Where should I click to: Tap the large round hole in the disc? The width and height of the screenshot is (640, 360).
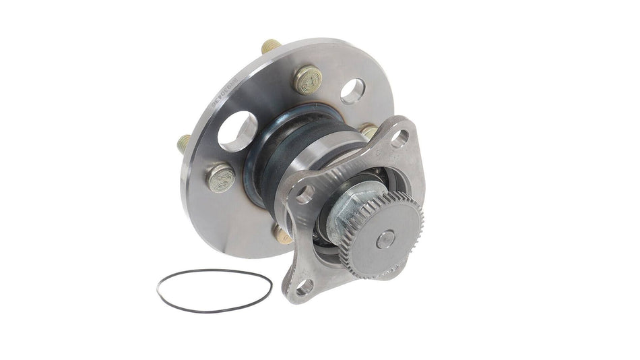point(237,131)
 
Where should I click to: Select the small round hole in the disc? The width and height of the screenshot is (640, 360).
point(352,91)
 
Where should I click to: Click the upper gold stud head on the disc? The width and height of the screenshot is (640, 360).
point(307,79)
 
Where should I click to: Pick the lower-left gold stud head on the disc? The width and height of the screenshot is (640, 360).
point(220,178)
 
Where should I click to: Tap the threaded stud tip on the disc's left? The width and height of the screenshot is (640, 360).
point(184,144)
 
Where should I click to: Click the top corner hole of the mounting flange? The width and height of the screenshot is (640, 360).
point(399,138)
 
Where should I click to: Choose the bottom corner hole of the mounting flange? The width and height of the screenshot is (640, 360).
point(305,286)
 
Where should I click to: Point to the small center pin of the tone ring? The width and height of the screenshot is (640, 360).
point(385,238)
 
